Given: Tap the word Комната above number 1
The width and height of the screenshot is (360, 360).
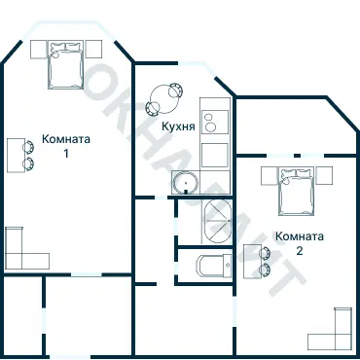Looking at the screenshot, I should (66, 139).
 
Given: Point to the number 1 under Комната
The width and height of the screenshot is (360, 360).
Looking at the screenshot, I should (66, 153).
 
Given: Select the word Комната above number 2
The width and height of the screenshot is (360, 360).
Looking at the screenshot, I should (300, 236).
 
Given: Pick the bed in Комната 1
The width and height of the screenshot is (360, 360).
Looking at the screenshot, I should (66, 66).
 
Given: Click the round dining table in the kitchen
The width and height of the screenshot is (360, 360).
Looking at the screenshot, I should (162, 98).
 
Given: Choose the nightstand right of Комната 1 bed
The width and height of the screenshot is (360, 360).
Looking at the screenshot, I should (95, 49).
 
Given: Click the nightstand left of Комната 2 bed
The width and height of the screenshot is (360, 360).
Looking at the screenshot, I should (269, 176).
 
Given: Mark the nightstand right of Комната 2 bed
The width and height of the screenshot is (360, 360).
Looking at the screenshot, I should (325, 176).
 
